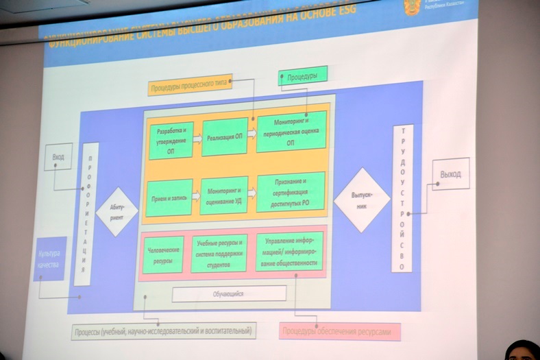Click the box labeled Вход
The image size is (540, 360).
click(58, 157)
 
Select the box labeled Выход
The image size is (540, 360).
click(450, 174)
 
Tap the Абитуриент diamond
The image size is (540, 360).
click(116, 211)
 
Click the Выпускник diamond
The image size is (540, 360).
click(361, 200)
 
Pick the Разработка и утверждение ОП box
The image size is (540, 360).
click(171, 141)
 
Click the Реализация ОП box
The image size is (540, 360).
click(224, 137)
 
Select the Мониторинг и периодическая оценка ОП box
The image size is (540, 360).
click(291, 132)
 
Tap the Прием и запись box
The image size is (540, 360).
click(169, 198)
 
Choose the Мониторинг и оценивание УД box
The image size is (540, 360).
click(223, 195)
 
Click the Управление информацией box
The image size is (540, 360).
click(289, 251)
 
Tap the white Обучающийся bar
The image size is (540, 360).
click(228, 293)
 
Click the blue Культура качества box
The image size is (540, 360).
click(49, 258)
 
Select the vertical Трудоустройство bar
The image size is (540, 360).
click(402, 198)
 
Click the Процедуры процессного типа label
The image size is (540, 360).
click(189, 84)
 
